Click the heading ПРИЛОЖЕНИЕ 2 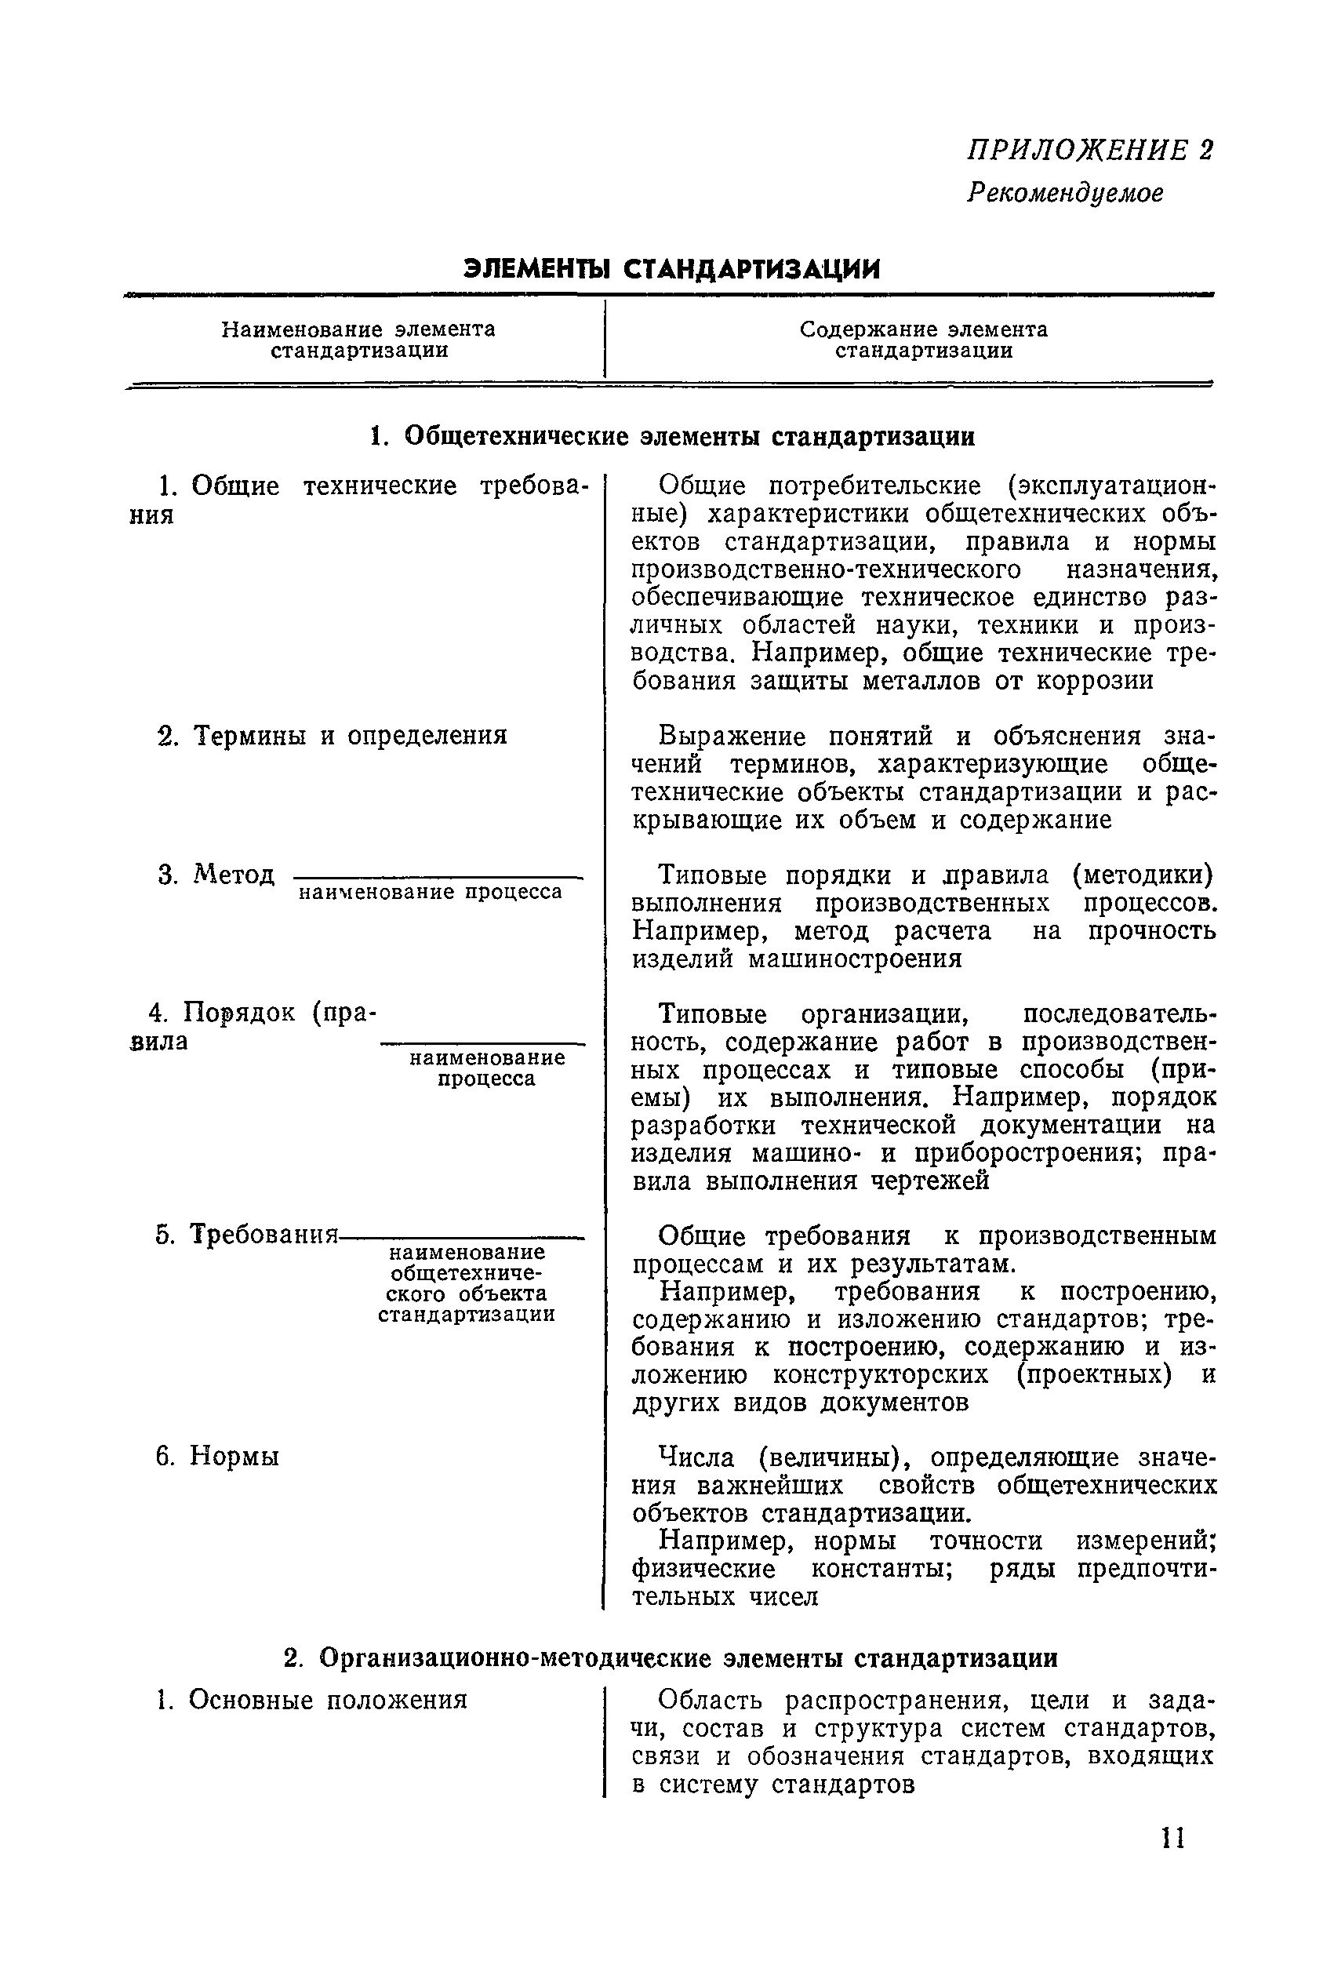click(x=1090, y=151)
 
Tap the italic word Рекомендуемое click(x=1064, y=193)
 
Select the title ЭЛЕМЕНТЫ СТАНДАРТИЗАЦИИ click(x=671, y=269)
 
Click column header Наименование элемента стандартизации click(x=359, y=340)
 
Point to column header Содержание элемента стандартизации click(x=923, y=340)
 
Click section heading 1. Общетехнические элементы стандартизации click(x=672, y=436)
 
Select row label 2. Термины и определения click(x=333, y=735)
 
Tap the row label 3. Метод click(x=217, y=875)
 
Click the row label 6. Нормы click(x=218, y=1457)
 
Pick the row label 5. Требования click(x=248, y=1235)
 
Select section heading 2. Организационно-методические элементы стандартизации click(x=671, y=1658)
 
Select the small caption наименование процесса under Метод click(x=431, y=892)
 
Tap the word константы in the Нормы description click(x=881, y=1569)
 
